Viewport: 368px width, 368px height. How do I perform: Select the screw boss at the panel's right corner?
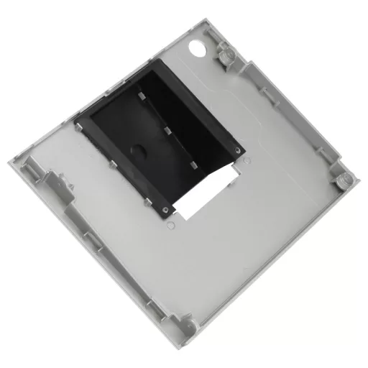click(x=340, y=177)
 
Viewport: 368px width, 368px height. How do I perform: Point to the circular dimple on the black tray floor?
click(x=137, y=149)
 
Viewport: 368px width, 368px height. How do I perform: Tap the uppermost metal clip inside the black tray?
click(x=144, y=98)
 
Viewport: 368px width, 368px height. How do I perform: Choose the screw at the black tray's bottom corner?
click(x=167, y=210)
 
